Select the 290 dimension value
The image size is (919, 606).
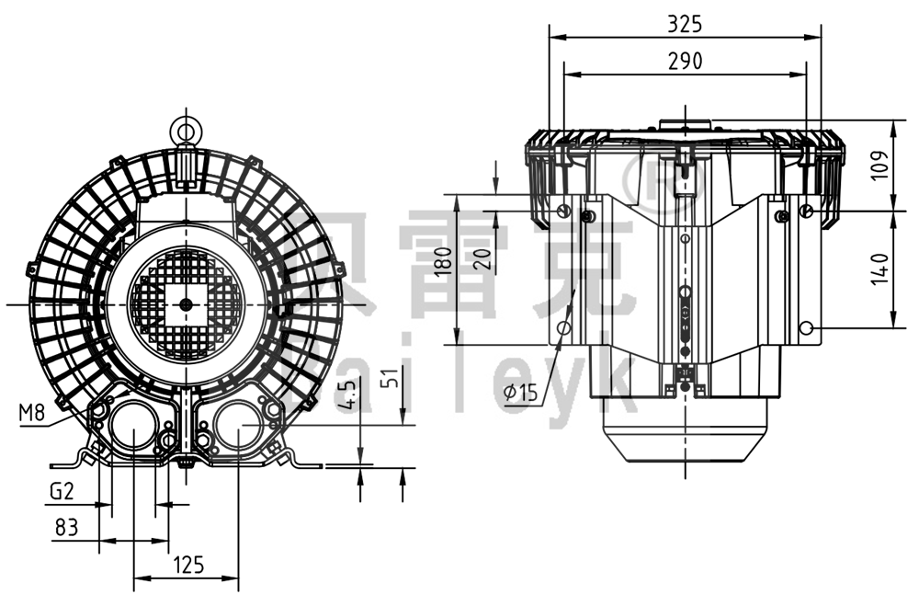(x=685, y=61)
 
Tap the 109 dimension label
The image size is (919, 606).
(x=880, y=166)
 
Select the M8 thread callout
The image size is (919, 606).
(x=31, y=413)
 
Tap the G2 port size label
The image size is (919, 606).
(x=61, y=492)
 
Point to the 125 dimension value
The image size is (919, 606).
(x=188, y=565)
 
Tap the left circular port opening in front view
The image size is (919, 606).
(x=133, y=428)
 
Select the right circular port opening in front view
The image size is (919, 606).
(x=238, y=427)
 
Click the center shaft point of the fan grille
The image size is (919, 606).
(x=187, y=303)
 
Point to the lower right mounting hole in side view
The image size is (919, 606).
(x=806, y=328)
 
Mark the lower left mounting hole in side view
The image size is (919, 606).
(x=564, y=328)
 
